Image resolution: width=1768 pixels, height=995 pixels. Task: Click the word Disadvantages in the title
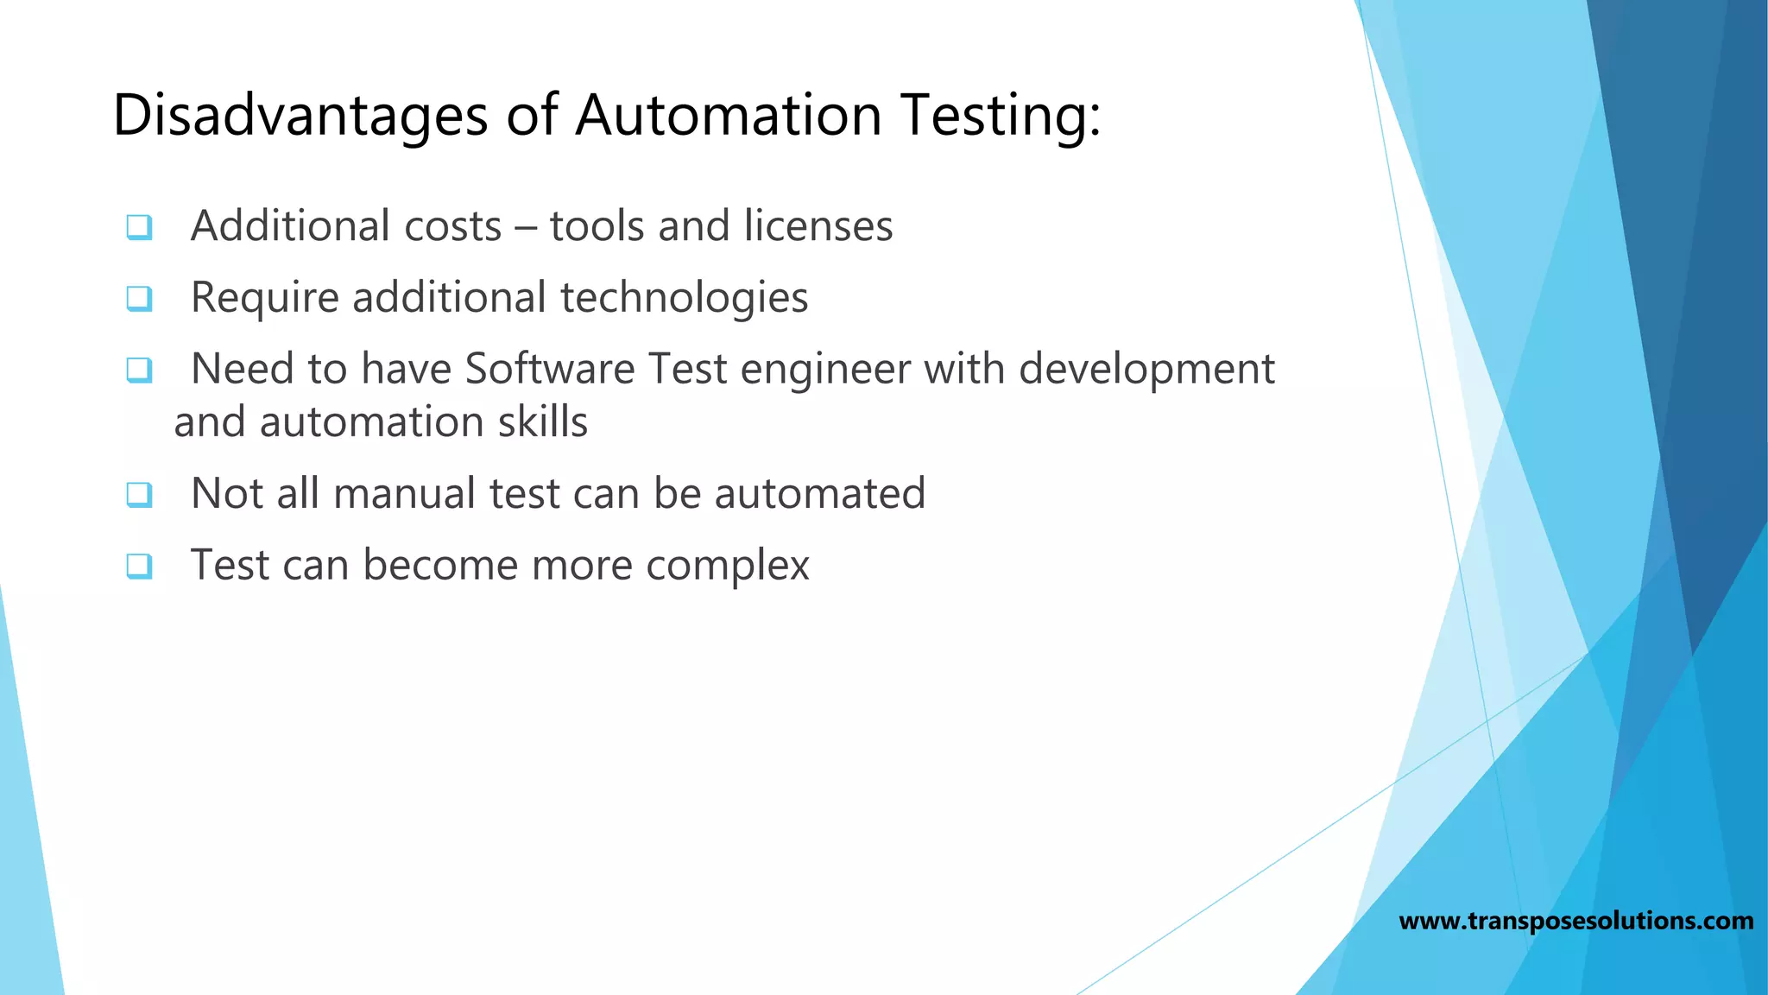pyautogui.click(x=300, y=115)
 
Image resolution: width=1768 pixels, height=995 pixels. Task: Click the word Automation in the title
pyautogui.click(x=728, y=115)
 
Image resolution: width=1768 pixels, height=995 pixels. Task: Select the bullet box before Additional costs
pyautogui.click(x=139, y=227)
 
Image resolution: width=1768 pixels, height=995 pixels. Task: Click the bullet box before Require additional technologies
pyautogui.click(x=139, y=299)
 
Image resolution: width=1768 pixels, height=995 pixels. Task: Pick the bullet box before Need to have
pyautogui.click(x=139, y=371)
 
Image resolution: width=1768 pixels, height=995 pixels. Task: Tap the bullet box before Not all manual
pyautogui.click(x=139, y=495)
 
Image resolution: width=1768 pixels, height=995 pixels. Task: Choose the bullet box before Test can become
pyautogui.click(x=139, y=567)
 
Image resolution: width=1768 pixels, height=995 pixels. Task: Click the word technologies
pyautogui.click(x=684, y=298)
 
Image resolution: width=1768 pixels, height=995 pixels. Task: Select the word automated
pyautogui.click(x=819, y=493)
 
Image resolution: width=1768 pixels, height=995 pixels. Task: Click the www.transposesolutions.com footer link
pyautogui.click(x=1575, y=921)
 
